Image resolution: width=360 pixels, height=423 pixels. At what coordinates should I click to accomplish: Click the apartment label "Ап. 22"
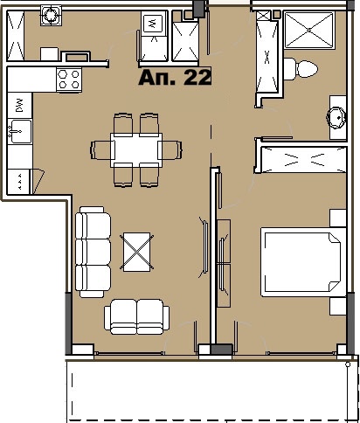point(176,78)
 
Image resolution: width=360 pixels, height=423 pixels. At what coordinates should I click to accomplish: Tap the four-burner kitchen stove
point(69,80)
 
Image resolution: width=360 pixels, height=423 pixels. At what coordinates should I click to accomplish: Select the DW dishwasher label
point(17,107)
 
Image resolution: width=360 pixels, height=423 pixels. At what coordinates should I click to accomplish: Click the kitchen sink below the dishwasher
point(17,133)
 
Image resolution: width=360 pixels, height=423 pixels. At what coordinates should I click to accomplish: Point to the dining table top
point(137,149)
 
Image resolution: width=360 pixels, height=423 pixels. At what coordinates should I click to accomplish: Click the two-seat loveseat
point(136,316)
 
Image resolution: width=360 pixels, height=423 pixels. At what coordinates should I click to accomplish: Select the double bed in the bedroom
point(300,261)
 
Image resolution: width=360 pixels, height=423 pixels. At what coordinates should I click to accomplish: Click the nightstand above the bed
point(336,218)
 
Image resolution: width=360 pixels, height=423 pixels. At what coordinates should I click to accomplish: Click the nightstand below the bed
point(336,306)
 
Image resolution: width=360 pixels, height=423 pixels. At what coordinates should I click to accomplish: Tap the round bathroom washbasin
point(336,116)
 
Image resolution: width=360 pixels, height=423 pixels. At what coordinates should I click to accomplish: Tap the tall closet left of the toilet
point(266,57)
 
